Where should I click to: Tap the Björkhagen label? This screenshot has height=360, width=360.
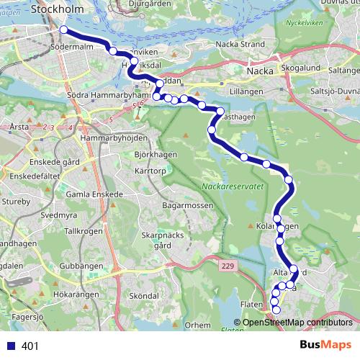click(x=155, y=135)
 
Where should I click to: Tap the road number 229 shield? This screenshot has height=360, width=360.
click(x=228, y=266)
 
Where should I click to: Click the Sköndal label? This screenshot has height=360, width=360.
click(x=145, y=296)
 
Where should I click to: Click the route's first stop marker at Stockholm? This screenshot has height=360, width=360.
click(x=63, y=30)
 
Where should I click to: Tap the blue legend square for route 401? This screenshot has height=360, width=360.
click(x=9, y=346)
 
